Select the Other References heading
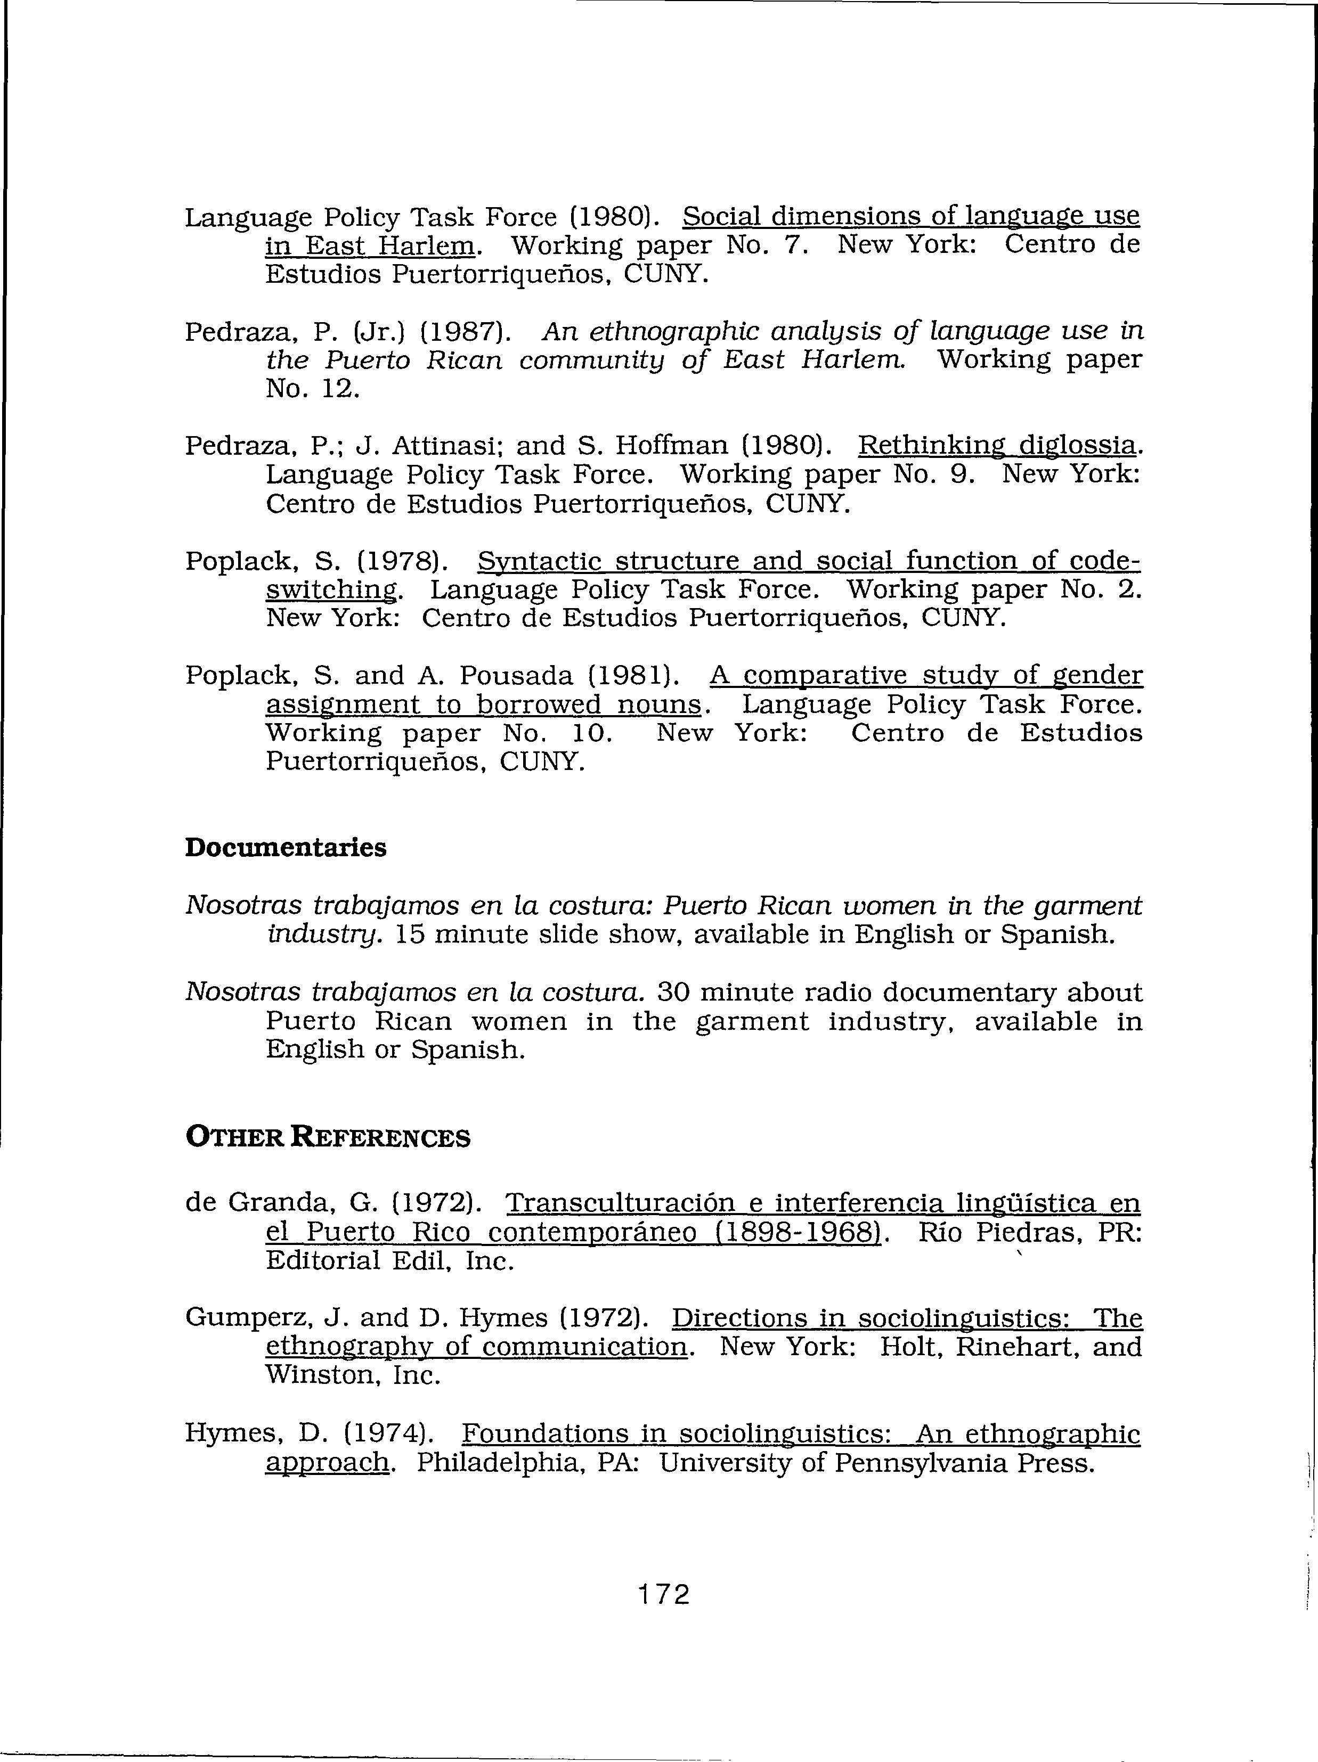click(328, 1137)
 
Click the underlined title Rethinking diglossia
click(996, 445)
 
